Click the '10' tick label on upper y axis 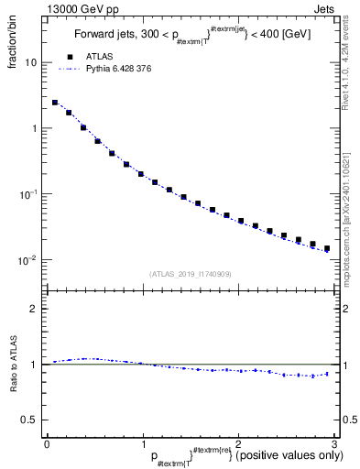30,63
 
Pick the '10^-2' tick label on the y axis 27,260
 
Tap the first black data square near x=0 55,103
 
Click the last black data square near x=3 326,247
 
